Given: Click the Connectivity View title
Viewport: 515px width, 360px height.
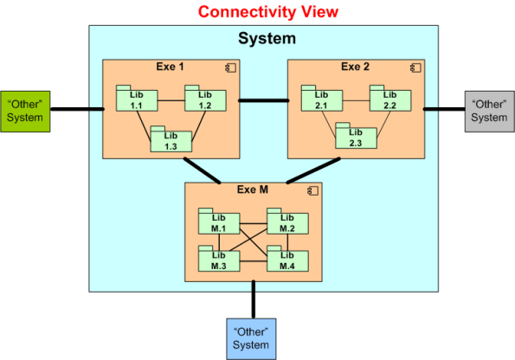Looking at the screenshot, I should pyautogui.click(x=267, y=12).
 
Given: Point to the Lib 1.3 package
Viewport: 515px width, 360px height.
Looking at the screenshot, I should pyautogui.click(x=170, y=141).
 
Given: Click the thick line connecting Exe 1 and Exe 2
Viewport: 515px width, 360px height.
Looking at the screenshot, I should pyautogui.click(x=262, y=100).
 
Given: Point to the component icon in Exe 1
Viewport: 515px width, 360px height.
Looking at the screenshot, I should pyautogui.click(x=232, y=67).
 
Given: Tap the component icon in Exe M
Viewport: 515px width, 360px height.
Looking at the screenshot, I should pyautogui.click(x=313, y=190).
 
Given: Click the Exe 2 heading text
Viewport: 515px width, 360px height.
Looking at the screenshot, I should pyautogui.click(x=355, y=67).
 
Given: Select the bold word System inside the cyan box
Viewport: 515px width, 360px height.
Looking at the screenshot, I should pyautogui.click(x=267, y=39).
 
